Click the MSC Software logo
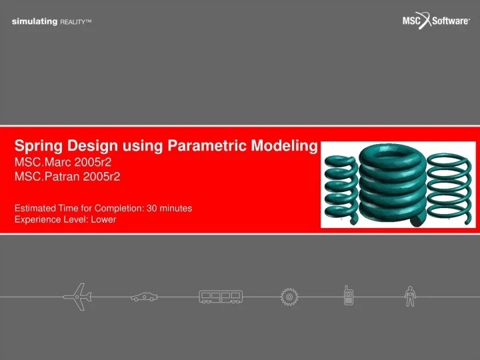click(x=436, y=21)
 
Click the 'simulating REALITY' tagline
click(x=51, y=22)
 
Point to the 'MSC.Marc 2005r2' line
click(x=62, y=162)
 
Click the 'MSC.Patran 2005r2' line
click(x=67, y=177)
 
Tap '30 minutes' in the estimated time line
click(x=169, y=208)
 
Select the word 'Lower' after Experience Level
click(x=103, y=219)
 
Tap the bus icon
click(x=221, y=296)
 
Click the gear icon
click(x=289, y=297)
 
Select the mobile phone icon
click(x=348, y=296)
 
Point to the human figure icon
click(x=410, y=296)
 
